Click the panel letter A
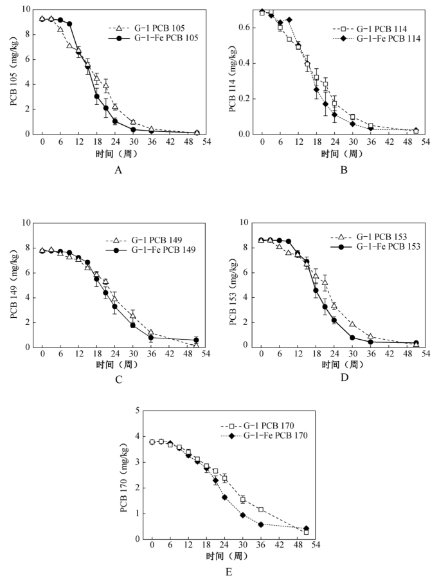coord(118,170)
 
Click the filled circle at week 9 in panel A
coord(69,24)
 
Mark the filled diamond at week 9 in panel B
coord(289,20)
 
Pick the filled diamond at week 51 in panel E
coord(306,529)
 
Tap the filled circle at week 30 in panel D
coord(352,337)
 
